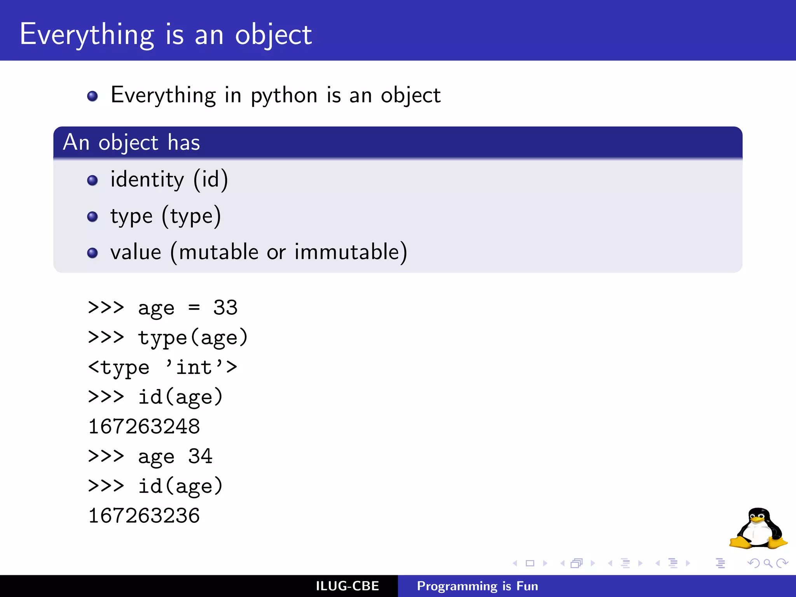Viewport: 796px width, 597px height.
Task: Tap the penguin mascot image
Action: point(758,529)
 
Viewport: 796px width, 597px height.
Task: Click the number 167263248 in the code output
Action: point(144,427)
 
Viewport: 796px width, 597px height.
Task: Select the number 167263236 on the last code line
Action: point(144,516)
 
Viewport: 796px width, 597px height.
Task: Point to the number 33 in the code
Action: point(225,308)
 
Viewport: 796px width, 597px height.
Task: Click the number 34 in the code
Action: point(200,456)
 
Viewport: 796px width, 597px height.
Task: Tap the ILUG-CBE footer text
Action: point(347,586)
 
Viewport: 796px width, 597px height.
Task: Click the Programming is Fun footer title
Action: point(477,586)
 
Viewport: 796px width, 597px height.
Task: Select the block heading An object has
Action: point(131,142)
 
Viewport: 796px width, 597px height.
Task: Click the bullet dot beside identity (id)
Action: point(93,180)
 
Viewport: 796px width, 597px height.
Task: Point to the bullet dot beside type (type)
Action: point(93,216)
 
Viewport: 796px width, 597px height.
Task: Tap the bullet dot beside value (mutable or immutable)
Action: point(93,253)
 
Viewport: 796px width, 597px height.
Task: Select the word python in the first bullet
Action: point(284,96)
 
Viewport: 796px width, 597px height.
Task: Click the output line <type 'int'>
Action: point(162,368)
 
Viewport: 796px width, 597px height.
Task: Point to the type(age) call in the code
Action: point(193,338)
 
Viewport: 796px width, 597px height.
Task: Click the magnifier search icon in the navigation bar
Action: point(768,563)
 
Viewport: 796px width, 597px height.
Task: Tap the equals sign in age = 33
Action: point(194,308)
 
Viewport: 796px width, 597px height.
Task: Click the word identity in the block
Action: point(147,180)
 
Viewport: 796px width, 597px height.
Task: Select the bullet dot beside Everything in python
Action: point(93,96)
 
